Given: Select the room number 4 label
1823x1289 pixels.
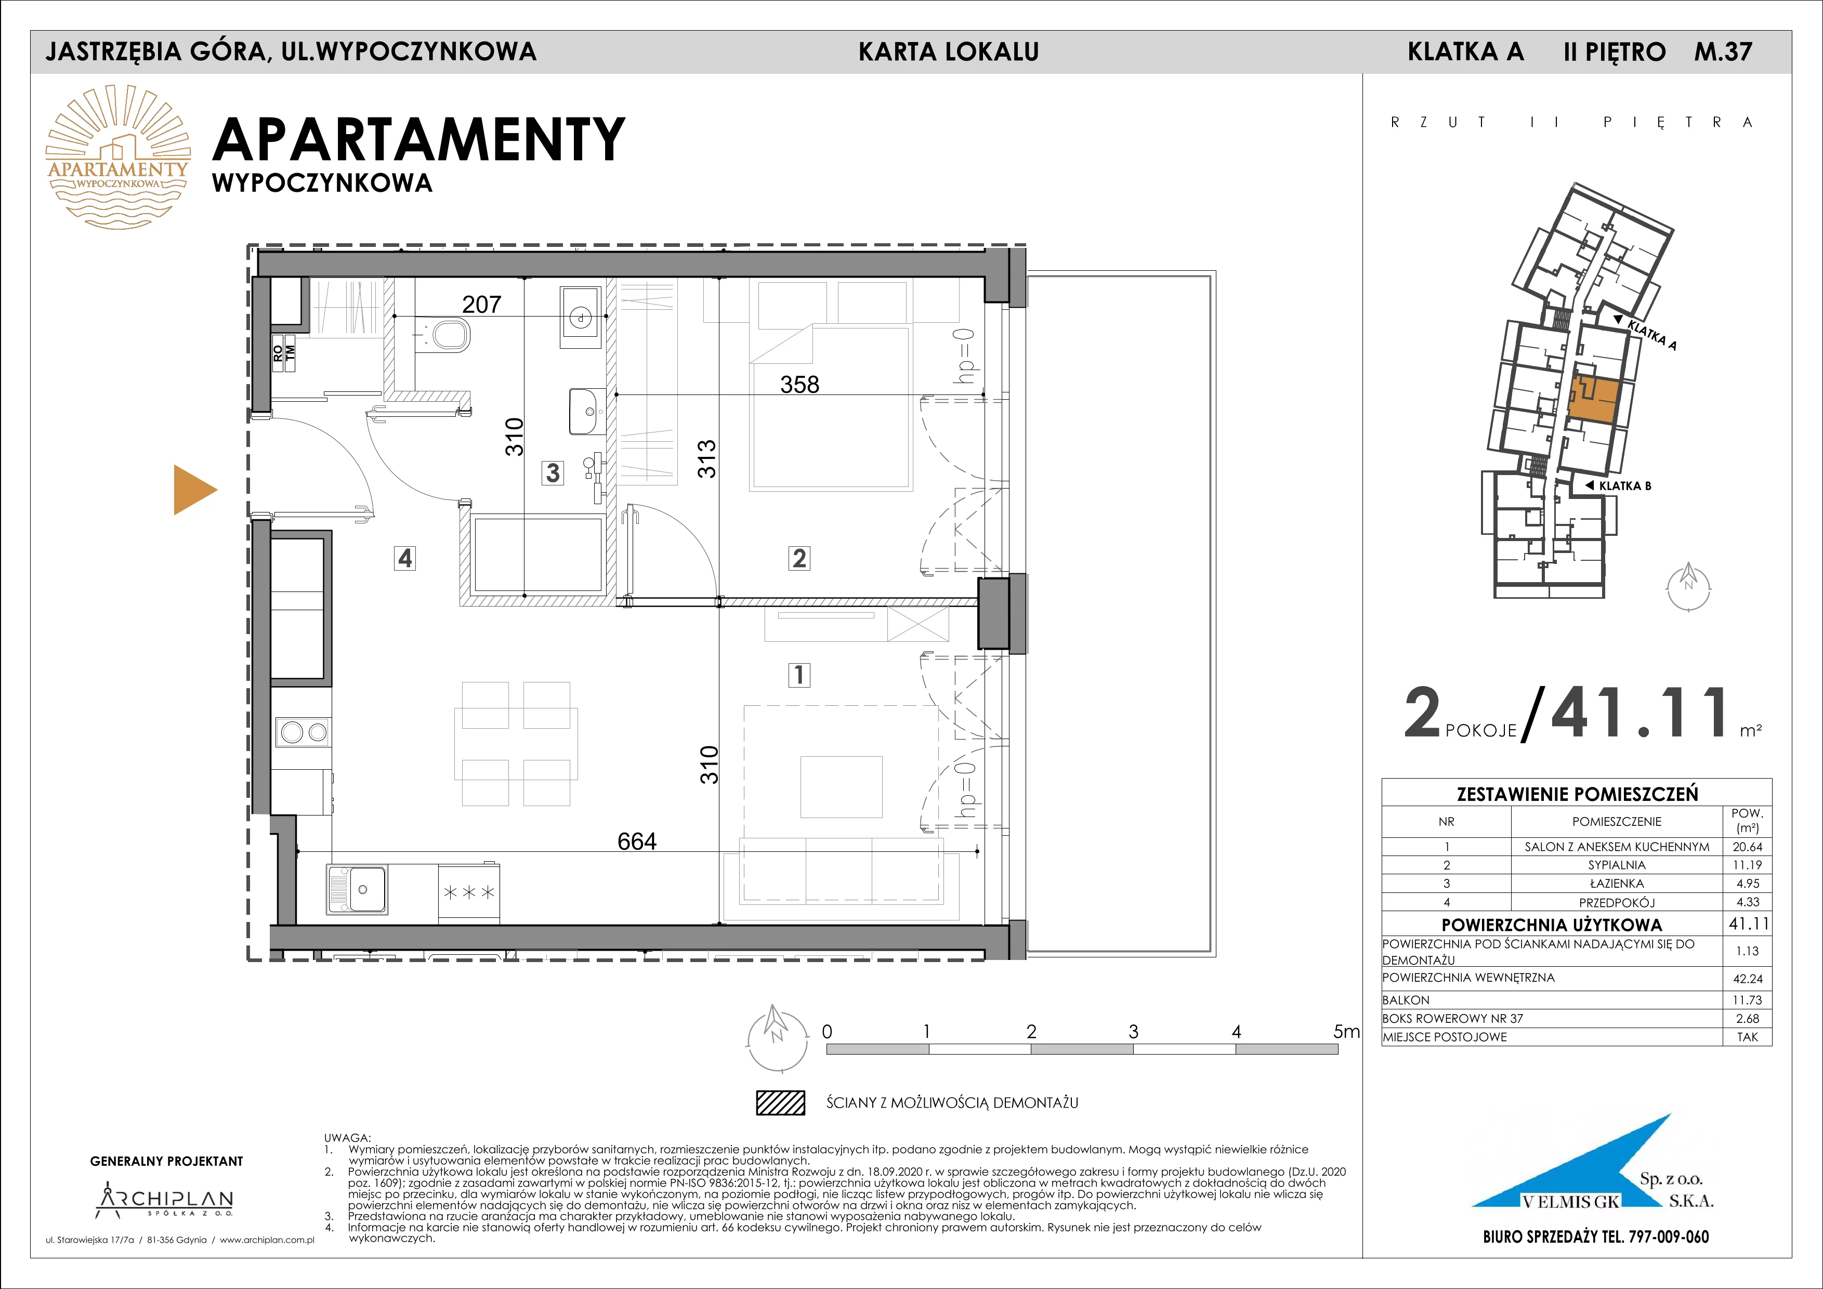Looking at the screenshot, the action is [405, 559].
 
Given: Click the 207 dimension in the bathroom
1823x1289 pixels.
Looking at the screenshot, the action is [482, 304].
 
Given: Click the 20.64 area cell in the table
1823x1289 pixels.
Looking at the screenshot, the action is [1748, 847].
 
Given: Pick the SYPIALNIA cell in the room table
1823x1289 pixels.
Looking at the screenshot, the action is [1617, 865].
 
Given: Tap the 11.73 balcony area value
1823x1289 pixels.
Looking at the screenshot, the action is [1748, 1000].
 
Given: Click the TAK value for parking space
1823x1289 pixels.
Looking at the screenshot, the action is [1748, 1036].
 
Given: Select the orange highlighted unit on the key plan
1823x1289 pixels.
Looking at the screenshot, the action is [1593, 400].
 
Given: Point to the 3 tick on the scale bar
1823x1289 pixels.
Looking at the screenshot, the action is [1133, 1032].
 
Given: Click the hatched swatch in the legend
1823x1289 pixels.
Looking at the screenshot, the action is [780, 1102].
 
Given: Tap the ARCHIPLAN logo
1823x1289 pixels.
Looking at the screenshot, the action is [165, 1201].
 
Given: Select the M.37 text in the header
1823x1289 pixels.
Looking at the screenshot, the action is [1723, 51].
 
